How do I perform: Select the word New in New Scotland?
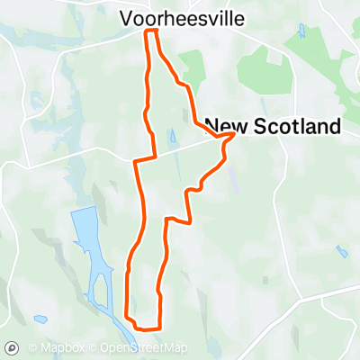click(x=225, y=127)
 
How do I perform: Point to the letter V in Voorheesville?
click(x=127, y=17)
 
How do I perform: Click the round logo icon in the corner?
click(x=13, y=347)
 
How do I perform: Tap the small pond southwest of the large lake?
click(x=40, y=318)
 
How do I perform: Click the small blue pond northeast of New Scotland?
click(x=301, y=31)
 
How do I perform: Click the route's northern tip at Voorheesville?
click(x=152, y=31)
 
